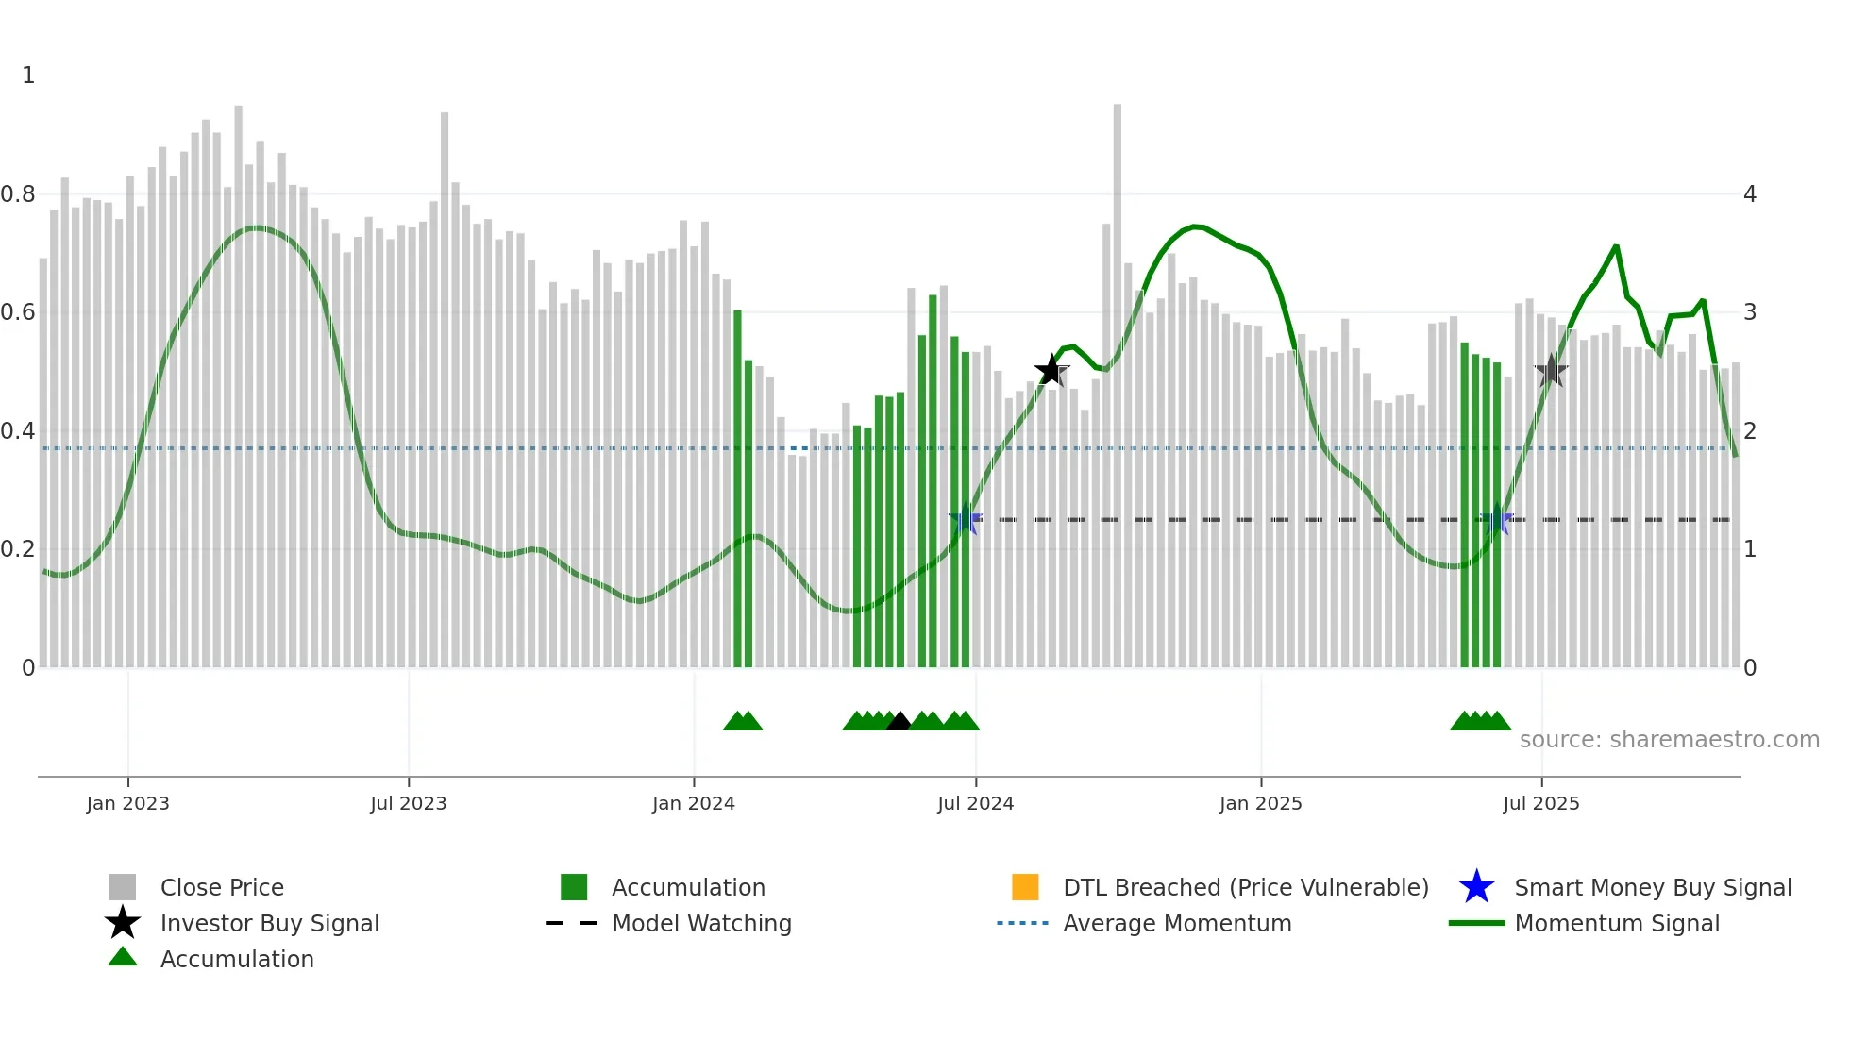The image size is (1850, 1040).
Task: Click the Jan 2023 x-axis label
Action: tap(127, 803)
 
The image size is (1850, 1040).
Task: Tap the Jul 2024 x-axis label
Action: tap(975, 803)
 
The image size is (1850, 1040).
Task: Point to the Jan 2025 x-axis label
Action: tap(1260, 803)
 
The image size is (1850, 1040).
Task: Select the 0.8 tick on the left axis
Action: tap(18, 194)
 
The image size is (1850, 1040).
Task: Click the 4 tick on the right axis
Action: tap(1750, 194)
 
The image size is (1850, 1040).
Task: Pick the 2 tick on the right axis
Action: tap(1750, 431)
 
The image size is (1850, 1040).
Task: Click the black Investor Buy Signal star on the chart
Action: tap(1051, 371)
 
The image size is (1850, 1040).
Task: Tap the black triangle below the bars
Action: tap(899, 722)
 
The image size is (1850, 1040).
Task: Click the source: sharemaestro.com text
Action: tap(1669, 740)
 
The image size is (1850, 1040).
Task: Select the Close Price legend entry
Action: tap(222, 888)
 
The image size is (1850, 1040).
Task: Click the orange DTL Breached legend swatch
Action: tap(1025, 887)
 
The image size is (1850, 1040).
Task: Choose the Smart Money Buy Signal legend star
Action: tap(1476, 887)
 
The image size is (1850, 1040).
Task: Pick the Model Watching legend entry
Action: tap(701, 924)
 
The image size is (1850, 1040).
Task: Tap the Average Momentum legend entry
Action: tap(1177, 924)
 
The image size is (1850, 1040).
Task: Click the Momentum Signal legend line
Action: tap(1476, 924)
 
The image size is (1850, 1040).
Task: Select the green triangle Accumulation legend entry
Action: tap(237, 960)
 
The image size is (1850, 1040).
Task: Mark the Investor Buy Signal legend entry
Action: tap(269, 924)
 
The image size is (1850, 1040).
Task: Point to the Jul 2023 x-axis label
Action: tap(408, 803)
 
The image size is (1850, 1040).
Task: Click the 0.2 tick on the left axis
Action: tap(18, 549)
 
